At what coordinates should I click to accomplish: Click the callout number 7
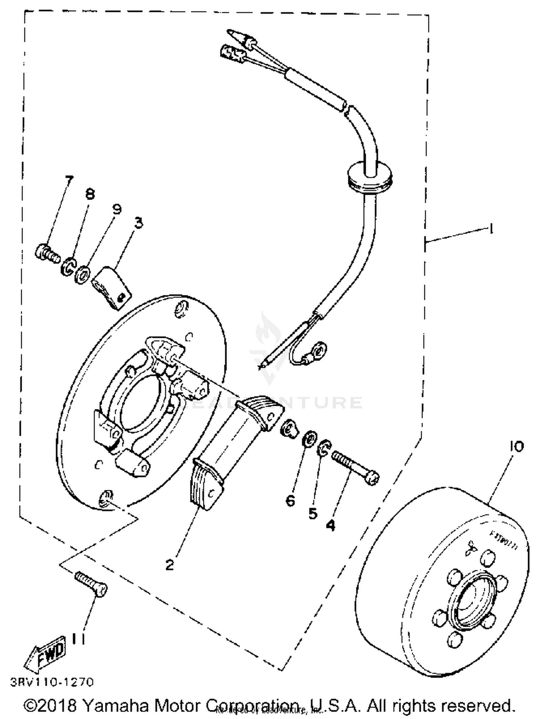[68, 179]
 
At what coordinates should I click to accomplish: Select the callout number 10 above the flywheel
[516, 446]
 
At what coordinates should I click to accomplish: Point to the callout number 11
[78, 639]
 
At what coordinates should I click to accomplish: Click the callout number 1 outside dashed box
[490, 229]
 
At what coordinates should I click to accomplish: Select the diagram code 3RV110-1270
[52, 682]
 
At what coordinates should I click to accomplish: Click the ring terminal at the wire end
[319, 348]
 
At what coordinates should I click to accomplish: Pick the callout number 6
[291, 500]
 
